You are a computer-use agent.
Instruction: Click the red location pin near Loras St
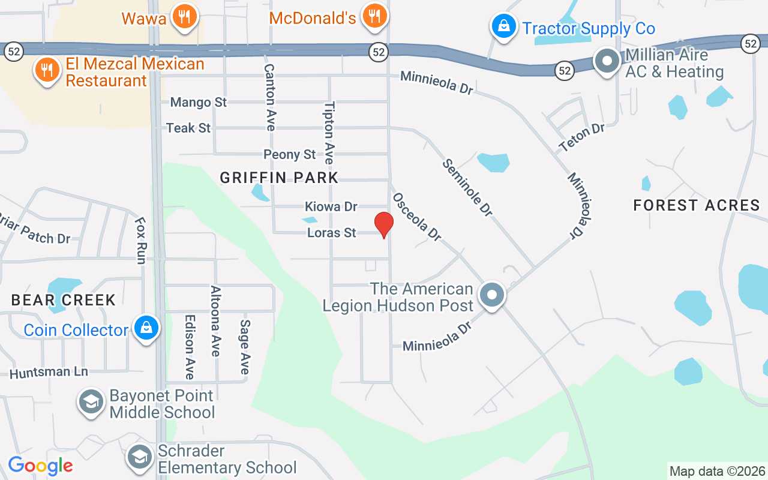384,224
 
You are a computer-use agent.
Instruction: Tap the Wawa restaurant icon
184,16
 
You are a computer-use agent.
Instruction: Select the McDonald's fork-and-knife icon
375,16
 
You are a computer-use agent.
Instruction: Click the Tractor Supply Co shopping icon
504,26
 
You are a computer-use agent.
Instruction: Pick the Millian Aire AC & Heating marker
607,61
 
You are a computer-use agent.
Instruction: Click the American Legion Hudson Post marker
493,295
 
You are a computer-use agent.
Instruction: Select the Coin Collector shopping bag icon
146,328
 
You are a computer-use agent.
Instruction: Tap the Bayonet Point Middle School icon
92,403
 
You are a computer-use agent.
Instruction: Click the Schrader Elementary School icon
140,458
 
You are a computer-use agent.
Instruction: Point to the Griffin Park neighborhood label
279,178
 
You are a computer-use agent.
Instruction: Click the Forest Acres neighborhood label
697,205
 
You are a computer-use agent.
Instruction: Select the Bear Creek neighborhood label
63,300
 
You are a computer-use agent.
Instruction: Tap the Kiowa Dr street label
331,207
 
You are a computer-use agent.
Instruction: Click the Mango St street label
199,103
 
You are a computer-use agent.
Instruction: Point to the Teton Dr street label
581,137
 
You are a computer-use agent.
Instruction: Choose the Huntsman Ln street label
49,372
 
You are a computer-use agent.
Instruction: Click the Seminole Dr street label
468,187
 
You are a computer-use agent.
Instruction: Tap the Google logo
40,466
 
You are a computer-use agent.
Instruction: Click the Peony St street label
289,155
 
